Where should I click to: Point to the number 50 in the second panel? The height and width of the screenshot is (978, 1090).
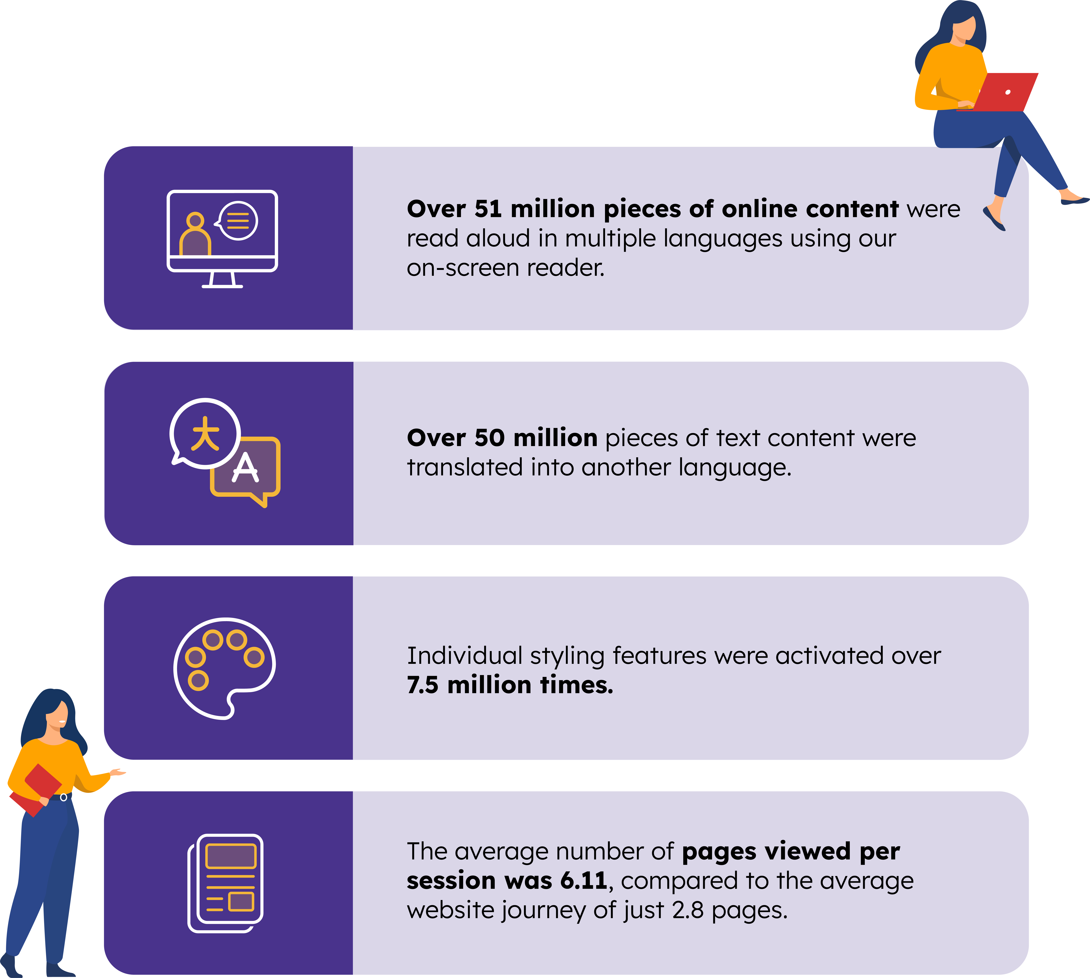point(489,438)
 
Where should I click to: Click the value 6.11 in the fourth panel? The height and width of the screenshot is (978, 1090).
point(583,880)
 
